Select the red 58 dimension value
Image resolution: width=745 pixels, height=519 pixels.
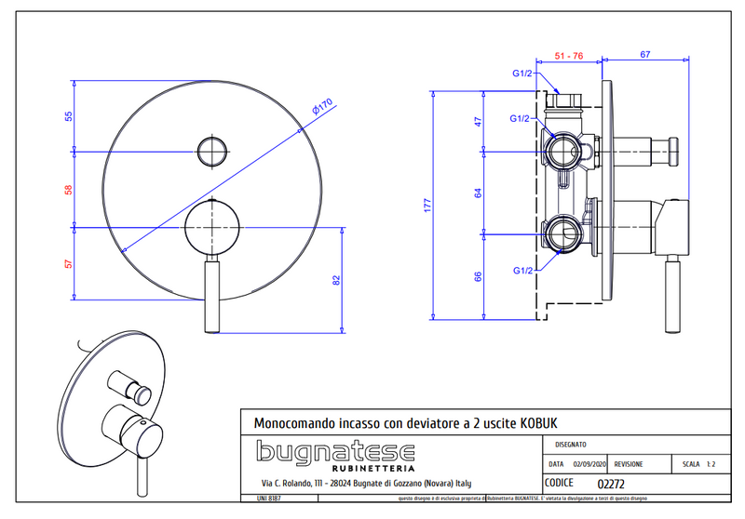tap(67, 189)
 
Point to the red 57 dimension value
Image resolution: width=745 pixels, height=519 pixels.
tap(67, 263)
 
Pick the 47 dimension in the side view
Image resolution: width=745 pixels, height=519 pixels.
tap(477, 121)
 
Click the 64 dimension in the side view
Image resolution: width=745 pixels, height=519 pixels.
tap(477, 193)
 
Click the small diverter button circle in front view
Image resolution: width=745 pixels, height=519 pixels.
tap(212, 151)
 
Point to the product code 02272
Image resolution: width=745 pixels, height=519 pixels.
tap(610, 484)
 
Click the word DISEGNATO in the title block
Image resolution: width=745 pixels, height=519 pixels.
tap(571, 446)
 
